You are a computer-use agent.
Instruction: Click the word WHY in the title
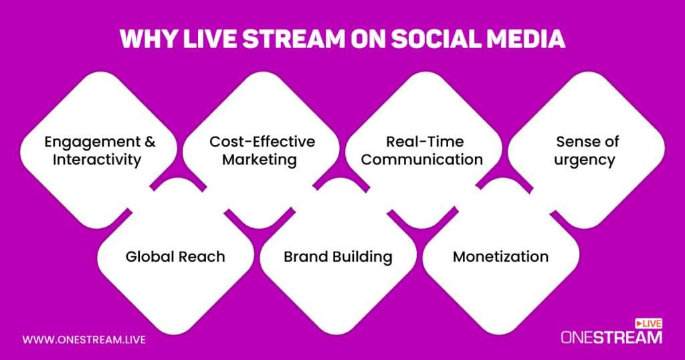148,39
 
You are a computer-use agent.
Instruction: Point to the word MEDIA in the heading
526,39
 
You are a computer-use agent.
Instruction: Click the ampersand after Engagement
150,142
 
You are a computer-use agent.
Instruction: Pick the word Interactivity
97,159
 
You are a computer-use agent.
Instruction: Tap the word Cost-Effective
262,142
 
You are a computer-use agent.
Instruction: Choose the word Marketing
260,160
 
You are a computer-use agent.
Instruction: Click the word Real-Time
425,142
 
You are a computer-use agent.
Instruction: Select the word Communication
422,159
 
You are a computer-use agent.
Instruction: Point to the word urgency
585,161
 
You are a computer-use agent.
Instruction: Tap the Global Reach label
175,256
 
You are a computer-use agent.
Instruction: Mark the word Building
362,257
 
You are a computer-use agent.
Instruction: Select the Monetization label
500,256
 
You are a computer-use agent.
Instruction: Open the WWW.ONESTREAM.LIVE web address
84,340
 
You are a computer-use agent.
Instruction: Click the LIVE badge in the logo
649,323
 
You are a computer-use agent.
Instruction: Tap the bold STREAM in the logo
627,337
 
